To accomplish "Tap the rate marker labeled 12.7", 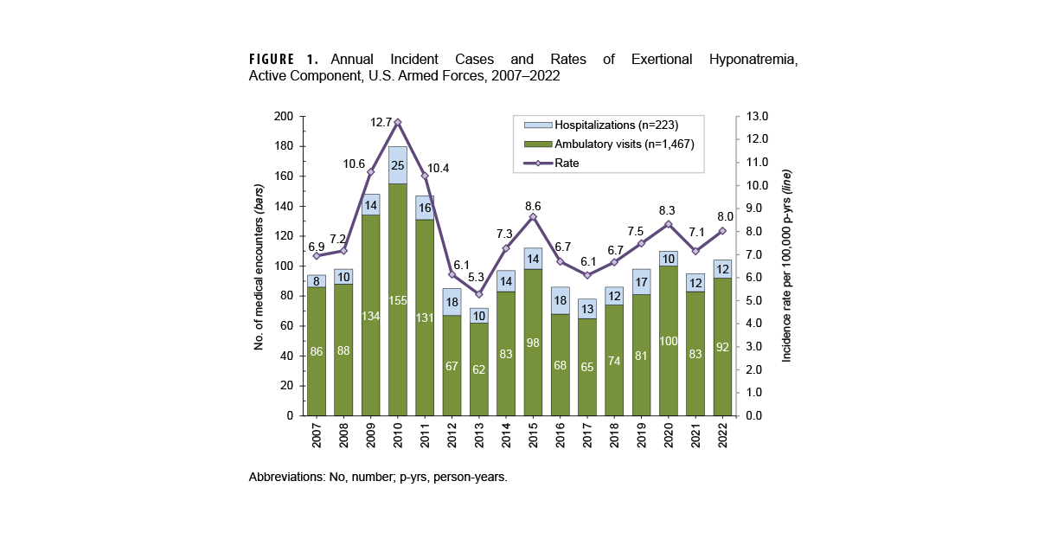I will [x=398, y=122].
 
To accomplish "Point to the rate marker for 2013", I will [x=479, y=294].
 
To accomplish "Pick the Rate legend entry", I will [x=567, y=162].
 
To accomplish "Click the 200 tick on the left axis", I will [x=283, y=117].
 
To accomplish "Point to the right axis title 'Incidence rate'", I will [x=786, y=266].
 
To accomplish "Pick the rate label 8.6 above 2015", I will [x=534, y=206].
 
